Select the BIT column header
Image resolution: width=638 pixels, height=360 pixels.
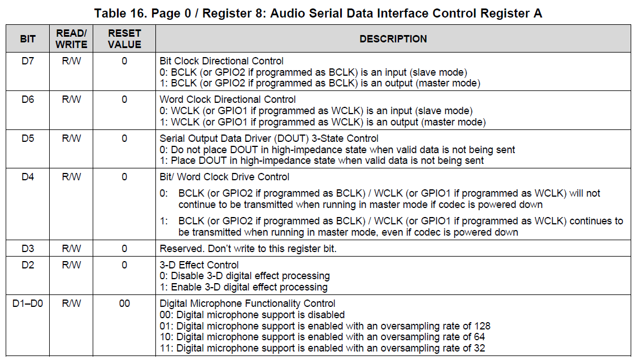[28, 39]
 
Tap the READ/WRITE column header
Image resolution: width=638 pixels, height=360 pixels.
[72, 39]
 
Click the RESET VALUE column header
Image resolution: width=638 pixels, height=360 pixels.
[124, 39]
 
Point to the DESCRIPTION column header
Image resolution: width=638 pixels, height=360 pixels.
[393, 39]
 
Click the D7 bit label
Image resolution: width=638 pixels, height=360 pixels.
[28, 61]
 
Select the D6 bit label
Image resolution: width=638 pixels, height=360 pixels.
[28, 99]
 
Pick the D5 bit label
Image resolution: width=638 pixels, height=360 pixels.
[28, 138]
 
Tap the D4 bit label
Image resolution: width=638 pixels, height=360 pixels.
[28, 177]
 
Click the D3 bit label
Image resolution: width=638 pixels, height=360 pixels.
[28, 249]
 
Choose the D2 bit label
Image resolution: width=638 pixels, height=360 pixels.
[28, 265]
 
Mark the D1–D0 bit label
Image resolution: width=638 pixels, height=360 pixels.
[28, 303]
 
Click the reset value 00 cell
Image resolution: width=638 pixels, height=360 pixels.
[124, 303]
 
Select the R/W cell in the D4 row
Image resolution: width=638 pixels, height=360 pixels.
[72, 177]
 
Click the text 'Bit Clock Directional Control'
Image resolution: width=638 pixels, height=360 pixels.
[222, 61]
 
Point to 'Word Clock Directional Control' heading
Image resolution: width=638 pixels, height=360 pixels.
[228, 99]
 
